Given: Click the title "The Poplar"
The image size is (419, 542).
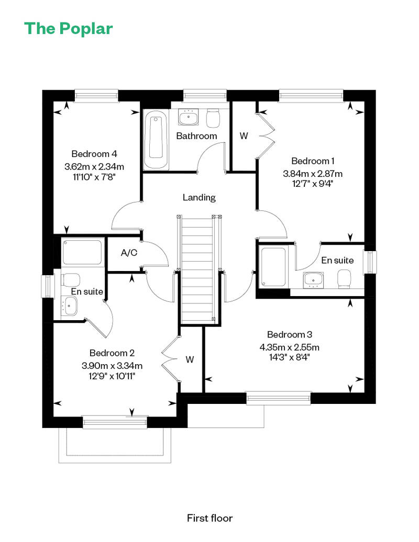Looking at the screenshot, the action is [x=69, y=29].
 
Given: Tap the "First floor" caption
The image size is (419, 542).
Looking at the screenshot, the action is [x=210, y=518].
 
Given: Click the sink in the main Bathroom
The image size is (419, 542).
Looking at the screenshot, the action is [x=189, y=117].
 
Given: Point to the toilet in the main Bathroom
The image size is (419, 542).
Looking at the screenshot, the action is [x=213, y=118].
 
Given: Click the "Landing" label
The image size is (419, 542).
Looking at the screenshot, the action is [x=199, y=197].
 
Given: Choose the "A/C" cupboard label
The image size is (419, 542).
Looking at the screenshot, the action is [x=129, y=253].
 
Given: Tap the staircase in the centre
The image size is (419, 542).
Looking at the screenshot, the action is [x=197, y=269].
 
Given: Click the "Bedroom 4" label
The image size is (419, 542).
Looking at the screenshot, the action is [x=94, y=154].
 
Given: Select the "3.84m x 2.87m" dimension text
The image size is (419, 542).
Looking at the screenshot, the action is [x=313, y=174].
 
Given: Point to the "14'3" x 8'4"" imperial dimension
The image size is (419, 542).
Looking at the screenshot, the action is [x=289, y=357].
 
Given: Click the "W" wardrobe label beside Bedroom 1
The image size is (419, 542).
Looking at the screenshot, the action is [x=244, y=136].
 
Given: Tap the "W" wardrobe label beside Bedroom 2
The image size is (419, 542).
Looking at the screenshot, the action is [x=190, y=360].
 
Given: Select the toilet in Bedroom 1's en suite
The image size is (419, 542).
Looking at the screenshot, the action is [x=344, y=279].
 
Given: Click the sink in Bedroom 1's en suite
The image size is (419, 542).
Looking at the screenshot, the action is [x=314, y=280].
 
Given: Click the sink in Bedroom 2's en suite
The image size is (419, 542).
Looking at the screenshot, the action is [x=70, y=306].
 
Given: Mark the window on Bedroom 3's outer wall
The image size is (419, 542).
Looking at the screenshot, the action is [x=279, y=398].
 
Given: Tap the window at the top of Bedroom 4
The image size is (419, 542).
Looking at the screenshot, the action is [x=96, y=96].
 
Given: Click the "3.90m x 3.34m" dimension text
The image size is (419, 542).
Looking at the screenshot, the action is [x=112, y=366].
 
